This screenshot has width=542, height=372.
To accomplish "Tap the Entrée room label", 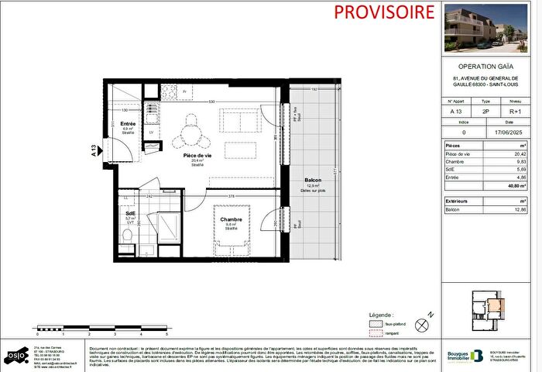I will [x=128, y=124].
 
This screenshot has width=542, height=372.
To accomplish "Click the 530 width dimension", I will [x=210, y=102].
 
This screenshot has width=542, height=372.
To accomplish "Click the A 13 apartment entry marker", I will [x=94, y=150].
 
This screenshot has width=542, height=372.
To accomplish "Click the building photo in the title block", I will [x=490, y=29].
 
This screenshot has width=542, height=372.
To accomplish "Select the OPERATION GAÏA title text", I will [x=490, y=67].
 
